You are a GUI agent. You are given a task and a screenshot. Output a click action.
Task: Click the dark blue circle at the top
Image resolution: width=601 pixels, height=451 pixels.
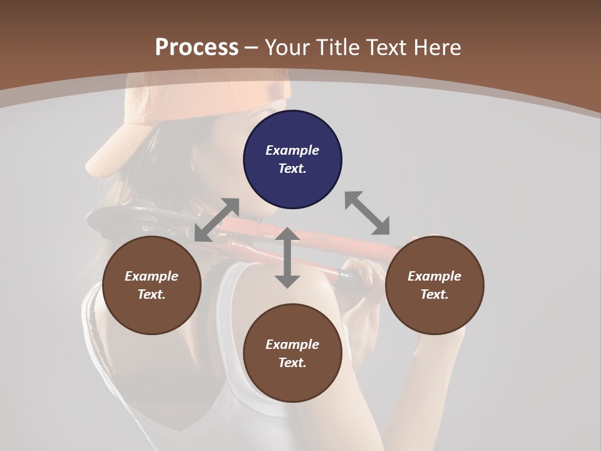(292, 159)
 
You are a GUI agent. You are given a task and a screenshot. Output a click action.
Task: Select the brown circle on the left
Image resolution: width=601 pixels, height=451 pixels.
(152, 286)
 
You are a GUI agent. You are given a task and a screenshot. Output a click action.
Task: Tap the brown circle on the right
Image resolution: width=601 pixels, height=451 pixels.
(434, 286)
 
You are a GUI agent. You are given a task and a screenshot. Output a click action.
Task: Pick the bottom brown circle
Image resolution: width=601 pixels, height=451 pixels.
(292, 353)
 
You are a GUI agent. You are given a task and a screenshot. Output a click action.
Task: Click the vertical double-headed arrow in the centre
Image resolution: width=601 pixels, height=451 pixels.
(287, 257)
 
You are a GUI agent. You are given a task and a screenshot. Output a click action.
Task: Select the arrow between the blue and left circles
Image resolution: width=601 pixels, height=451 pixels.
(217, 220)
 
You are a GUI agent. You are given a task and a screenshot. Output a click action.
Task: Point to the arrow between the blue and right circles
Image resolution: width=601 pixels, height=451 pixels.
(367, 213)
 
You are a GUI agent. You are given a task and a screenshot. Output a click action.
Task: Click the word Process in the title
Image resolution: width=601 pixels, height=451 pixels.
(197, 47)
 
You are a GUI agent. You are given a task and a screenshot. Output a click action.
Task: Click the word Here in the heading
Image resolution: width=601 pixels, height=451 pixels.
(436, 47)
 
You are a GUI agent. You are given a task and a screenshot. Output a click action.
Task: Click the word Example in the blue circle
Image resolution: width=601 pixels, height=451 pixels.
(292, 150)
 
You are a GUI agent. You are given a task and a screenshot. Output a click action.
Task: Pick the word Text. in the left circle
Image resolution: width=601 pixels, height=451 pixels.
(152, 294)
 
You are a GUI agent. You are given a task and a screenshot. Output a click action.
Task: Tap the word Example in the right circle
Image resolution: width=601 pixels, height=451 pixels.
(434, 276)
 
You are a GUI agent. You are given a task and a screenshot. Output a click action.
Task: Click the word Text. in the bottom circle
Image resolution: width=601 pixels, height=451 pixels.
(292, 363)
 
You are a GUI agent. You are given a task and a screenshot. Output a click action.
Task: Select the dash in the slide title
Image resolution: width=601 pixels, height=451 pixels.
(252, 47)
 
